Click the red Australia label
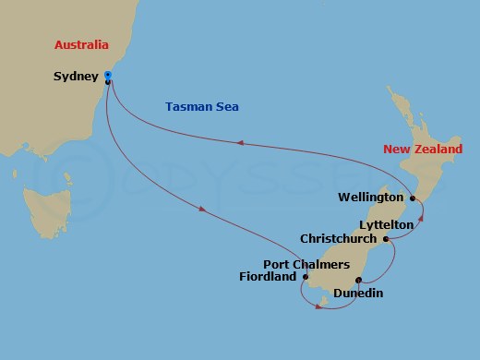click(x=81, y=44)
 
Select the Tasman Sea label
click(x=202, y=107)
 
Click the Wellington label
click(x=371, y=198)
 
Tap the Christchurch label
click(x=339, y=238)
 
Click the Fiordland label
click(x=267, y=276)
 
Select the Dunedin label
click(x=358, y=294)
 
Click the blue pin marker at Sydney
click(x=108, y=74)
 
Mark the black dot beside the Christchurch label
click(x=384, y=238)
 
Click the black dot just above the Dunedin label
click(x=357, y=280)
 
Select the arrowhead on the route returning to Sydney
click(x=240, y=142)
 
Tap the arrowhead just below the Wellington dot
click(x=421, y=218)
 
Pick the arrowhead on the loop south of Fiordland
click(x=318, y=306)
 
